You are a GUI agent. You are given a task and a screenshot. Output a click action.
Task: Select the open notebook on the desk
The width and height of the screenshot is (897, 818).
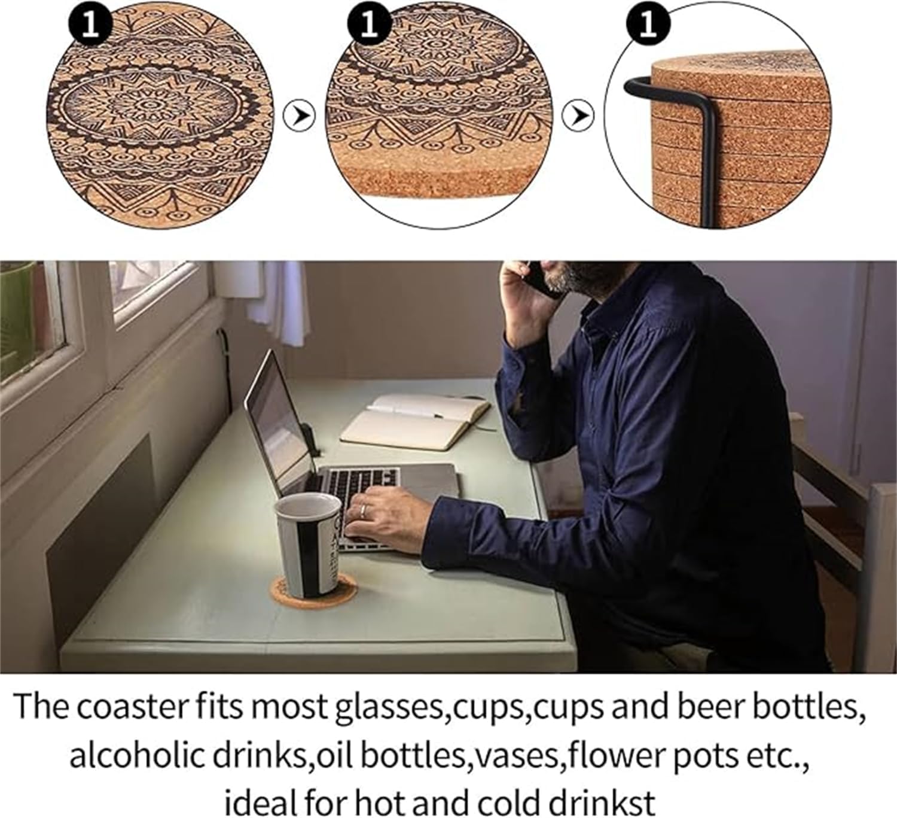coord(415,421)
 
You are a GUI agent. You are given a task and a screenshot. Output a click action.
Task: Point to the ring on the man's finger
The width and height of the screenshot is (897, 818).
coord(362,510)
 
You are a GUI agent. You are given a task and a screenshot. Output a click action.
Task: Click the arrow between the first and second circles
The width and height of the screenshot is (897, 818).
coord(300,115)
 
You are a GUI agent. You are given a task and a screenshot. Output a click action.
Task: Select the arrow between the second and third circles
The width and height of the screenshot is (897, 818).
coord(578,115)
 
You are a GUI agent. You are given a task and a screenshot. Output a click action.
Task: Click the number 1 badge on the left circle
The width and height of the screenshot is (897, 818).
coord(90,25)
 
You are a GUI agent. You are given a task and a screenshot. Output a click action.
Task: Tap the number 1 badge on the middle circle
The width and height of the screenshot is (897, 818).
coord(370,25)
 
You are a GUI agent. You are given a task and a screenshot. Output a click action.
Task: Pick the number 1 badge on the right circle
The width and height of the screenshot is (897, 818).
coord(648,25)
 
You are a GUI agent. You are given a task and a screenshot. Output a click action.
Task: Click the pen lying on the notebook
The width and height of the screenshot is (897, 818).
coord(405,410)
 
